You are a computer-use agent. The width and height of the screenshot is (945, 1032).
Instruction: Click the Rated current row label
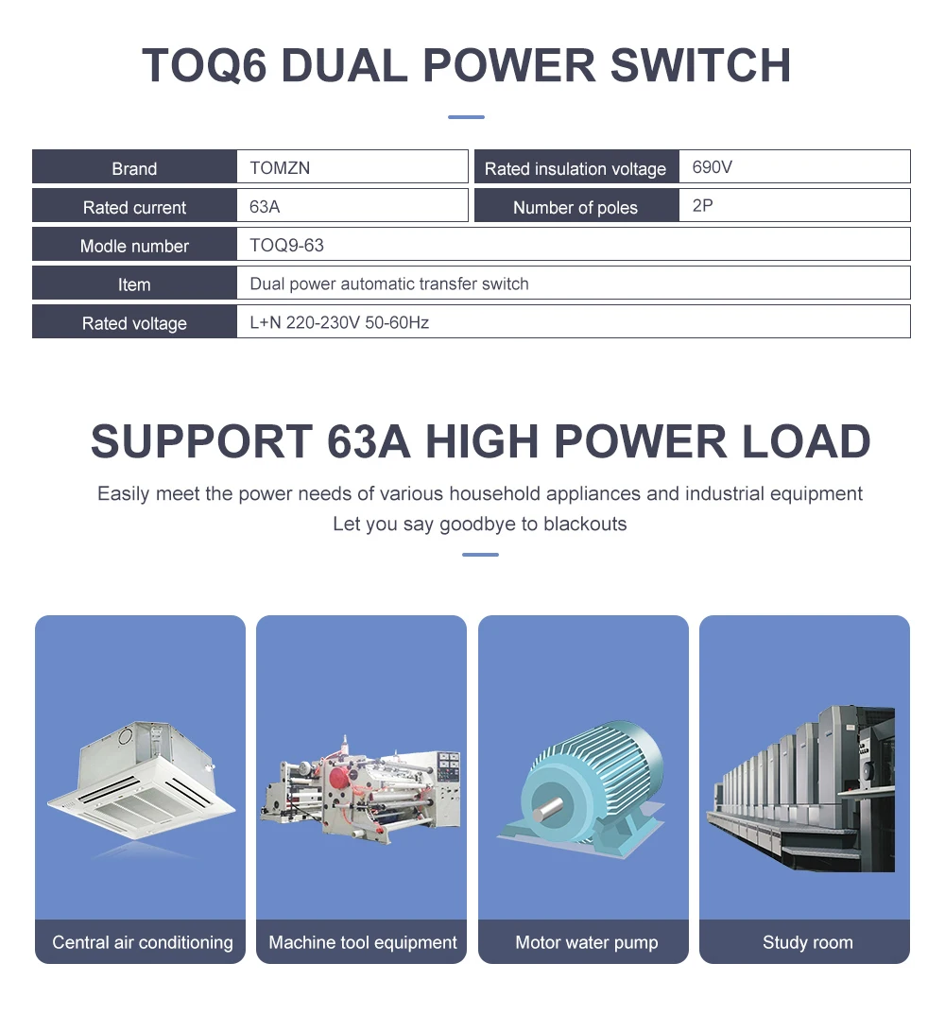pyautogui.click(x=134, y=207)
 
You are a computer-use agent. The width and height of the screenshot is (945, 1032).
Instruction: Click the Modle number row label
pyautogui.click(x=134, y=246)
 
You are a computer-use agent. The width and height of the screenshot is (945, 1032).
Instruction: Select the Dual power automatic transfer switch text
pyautogui.click(x=388, y=284)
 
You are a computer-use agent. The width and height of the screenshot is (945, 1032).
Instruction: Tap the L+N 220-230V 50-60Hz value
pyautogui.click(x=339, y=322)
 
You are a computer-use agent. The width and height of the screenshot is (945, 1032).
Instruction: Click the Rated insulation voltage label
pyautogui.click(x=575, y=169)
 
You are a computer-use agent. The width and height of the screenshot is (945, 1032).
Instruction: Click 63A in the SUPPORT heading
pyautogui.click(x=369, y=442)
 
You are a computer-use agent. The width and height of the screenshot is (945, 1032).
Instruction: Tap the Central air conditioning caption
pyautogui.click(x=142, y=942)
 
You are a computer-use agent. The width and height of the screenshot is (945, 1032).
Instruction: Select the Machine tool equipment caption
pyautogui.click(x=362, y=942)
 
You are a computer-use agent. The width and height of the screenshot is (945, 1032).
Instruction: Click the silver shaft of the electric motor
pyautogui.click(x=547, y=810)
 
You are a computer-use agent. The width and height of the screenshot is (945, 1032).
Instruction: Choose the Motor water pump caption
pyautogui.click(x=586, y=942)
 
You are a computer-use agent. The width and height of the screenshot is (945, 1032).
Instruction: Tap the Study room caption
pyautogui.click(x=807, y=942)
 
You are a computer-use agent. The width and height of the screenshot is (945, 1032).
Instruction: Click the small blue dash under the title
pyautogui.click(x=465, y=117)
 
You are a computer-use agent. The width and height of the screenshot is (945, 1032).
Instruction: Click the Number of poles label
pyautogui.click(x=575, y=208)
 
